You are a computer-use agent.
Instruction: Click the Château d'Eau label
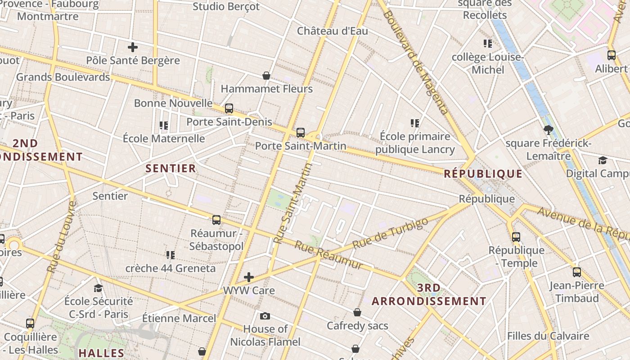332,31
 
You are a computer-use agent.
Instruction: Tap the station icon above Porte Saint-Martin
301,133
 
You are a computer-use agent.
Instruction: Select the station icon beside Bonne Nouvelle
229,108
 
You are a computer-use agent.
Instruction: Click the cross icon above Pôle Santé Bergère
132,47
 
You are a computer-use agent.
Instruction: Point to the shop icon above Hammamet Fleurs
266,76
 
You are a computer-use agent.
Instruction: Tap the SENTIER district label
171,168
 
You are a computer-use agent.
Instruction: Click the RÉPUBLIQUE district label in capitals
483,174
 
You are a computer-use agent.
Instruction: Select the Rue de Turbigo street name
390,234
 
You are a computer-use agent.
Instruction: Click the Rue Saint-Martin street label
292,203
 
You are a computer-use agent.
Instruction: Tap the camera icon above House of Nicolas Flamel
265,316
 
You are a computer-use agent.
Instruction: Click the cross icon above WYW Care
249,277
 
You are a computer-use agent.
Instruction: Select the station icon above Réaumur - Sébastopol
216,220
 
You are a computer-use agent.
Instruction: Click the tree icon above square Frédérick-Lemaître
548,130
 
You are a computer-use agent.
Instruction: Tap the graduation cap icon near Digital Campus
603,161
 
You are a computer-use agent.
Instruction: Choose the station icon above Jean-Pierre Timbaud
577,272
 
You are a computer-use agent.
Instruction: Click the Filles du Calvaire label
548,336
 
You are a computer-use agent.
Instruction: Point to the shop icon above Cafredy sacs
357,312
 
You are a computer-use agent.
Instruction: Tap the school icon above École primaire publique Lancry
415,123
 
